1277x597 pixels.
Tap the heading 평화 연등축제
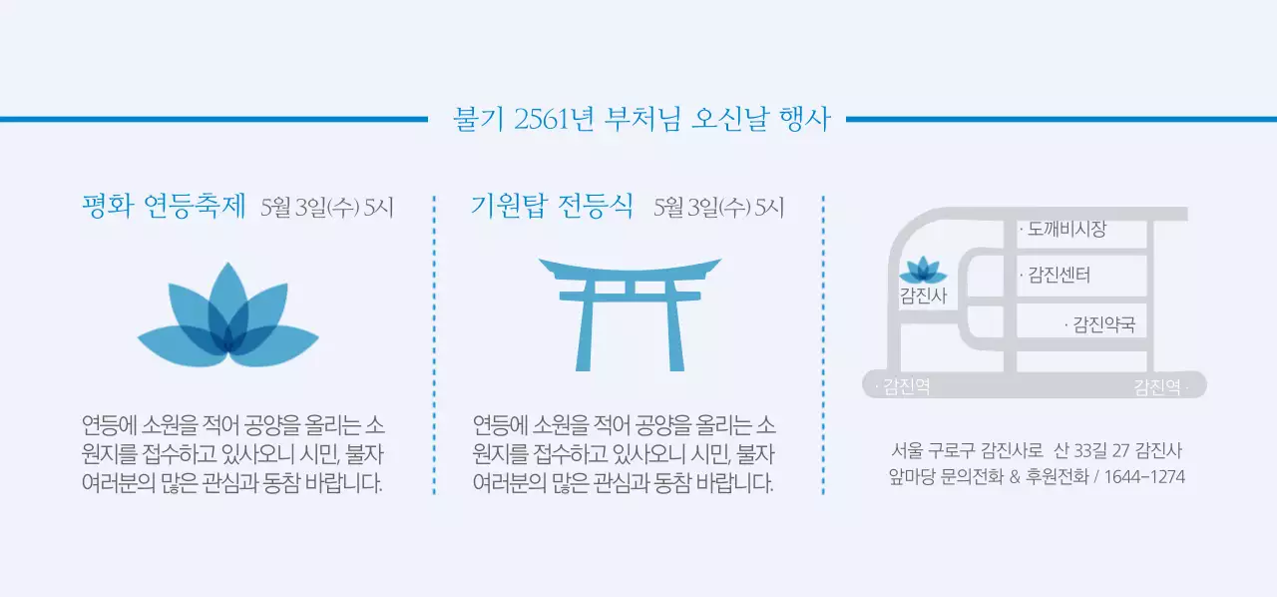tap(164, 207)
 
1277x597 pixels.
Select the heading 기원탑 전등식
tap(552, 207)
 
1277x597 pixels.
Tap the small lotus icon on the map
tap(923, 271)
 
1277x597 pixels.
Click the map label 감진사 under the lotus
tap(923, 296)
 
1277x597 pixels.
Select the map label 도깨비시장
tap(1064, 230)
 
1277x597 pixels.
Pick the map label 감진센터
tap(1057, 275)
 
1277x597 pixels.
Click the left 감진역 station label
tap(905, 387)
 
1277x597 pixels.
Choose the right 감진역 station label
tap(1159, 387)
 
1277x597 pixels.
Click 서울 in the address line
tap(907, 450)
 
